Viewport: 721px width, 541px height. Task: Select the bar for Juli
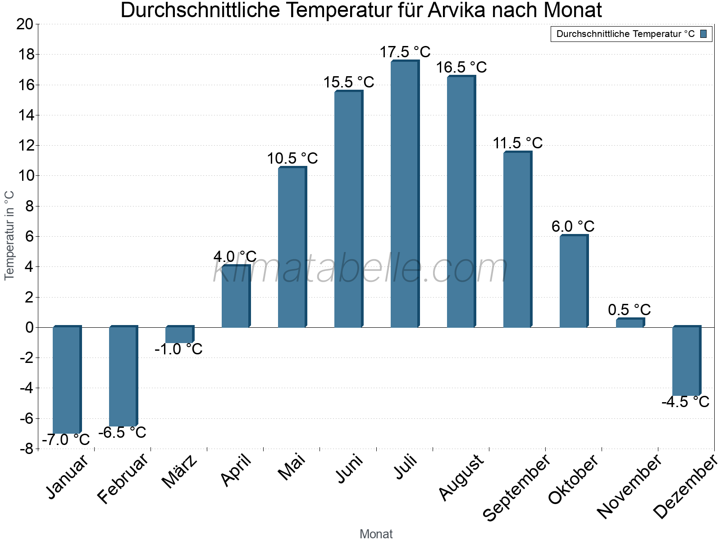pos(404,194)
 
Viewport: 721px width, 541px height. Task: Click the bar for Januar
pos(66,380)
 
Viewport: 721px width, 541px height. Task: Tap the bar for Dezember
pos(686,361)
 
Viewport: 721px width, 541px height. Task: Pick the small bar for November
pos(630,323)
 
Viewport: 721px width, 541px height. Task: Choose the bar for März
pos(179,335)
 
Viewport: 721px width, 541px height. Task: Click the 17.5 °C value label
pos(405,52)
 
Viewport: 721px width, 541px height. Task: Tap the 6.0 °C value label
pos(573,226)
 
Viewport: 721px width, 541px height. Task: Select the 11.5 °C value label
pos(517,143)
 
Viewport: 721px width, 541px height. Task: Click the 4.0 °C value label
pos(235,257)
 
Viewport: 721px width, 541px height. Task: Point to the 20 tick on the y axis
pos(25,24)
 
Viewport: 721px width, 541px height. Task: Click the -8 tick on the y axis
pos(26,449)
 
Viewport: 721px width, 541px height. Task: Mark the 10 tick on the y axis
pos(25,176)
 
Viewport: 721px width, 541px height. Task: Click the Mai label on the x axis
pos(292,467)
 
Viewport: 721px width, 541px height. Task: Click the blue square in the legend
pos(703,34)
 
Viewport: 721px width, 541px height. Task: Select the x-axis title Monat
pos(376,534)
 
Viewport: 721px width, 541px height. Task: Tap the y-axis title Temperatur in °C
pos(9,235)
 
